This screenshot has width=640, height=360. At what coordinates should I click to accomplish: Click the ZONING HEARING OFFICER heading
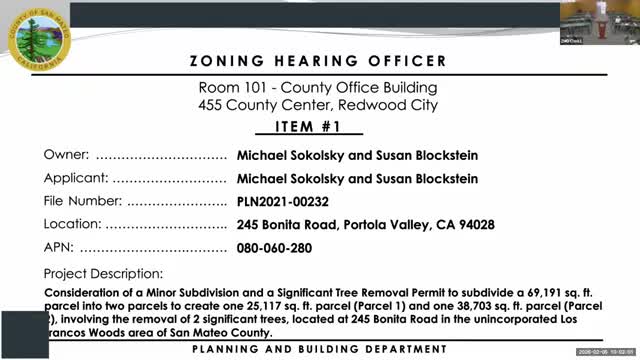[319, 61]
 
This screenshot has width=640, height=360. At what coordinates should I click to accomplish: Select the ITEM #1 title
[318, 128]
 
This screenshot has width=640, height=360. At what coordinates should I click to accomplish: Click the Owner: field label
[67, 155]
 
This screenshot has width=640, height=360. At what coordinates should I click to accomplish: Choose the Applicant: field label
[76, 178]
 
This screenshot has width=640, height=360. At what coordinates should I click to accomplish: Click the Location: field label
[73, 225]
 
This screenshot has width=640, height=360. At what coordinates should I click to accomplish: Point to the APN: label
[59, 248]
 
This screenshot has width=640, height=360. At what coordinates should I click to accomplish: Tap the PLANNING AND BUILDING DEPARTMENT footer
[320, 348]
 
